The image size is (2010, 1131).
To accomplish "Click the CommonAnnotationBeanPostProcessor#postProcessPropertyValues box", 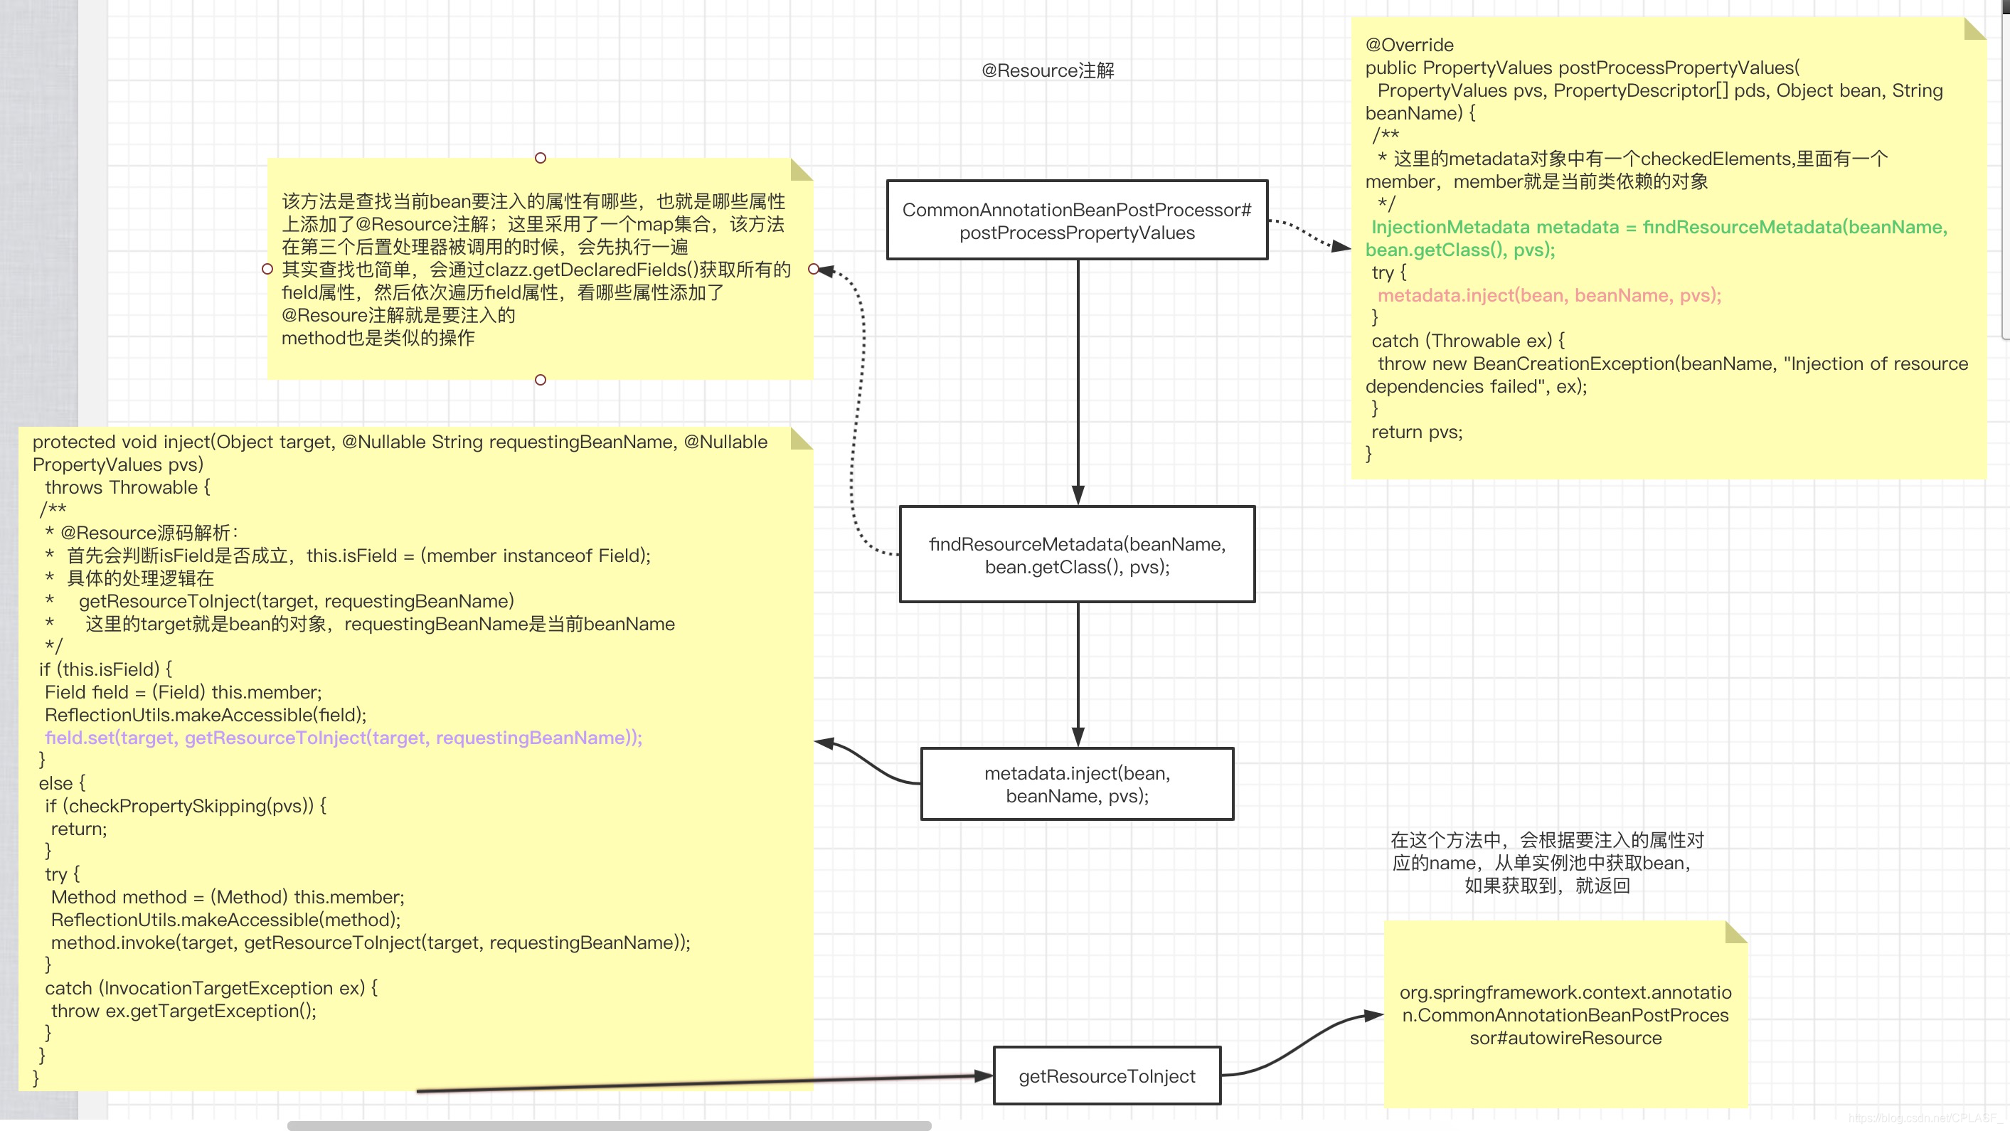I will click(1077, 221).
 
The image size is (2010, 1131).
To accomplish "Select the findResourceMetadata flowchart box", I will click(1077, 555).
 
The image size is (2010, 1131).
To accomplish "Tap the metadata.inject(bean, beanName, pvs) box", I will click(1077, 785).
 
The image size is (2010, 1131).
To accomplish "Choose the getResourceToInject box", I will click(1107, 1076).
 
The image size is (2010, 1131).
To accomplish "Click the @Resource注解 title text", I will click(1047, 71).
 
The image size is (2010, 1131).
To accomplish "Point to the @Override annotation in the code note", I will click(1409, 46).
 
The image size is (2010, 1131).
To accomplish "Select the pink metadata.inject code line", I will click(1549, 296).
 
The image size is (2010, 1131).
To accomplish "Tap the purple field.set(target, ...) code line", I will click(344, 738).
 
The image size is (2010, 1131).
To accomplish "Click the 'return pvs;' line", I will click(1416, 432).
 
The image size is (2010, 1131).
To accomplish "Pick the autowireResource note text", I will click(1565, 1015).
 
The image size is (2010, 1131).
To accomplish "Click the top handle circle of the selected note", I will click(540, 158).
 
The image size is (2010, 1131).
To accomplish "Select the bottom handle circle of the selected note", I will click(540, 380).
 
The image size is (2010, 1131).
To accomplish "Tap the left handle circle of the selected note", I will click(267, 270).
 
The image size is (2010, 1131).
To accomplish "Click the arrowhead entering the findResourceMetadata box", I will click(1078, 497).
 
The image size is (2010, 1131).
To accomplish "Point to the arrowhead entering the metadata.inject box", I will click(1078, 738).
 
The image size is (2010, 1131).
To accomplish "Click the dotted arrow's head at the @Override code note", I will click(1342, 247).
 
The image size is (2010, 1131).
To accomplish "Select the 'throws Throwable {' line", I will click(127, 488).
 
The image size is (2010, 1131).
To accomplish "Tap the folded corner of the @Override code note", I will click(1974, 29).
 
